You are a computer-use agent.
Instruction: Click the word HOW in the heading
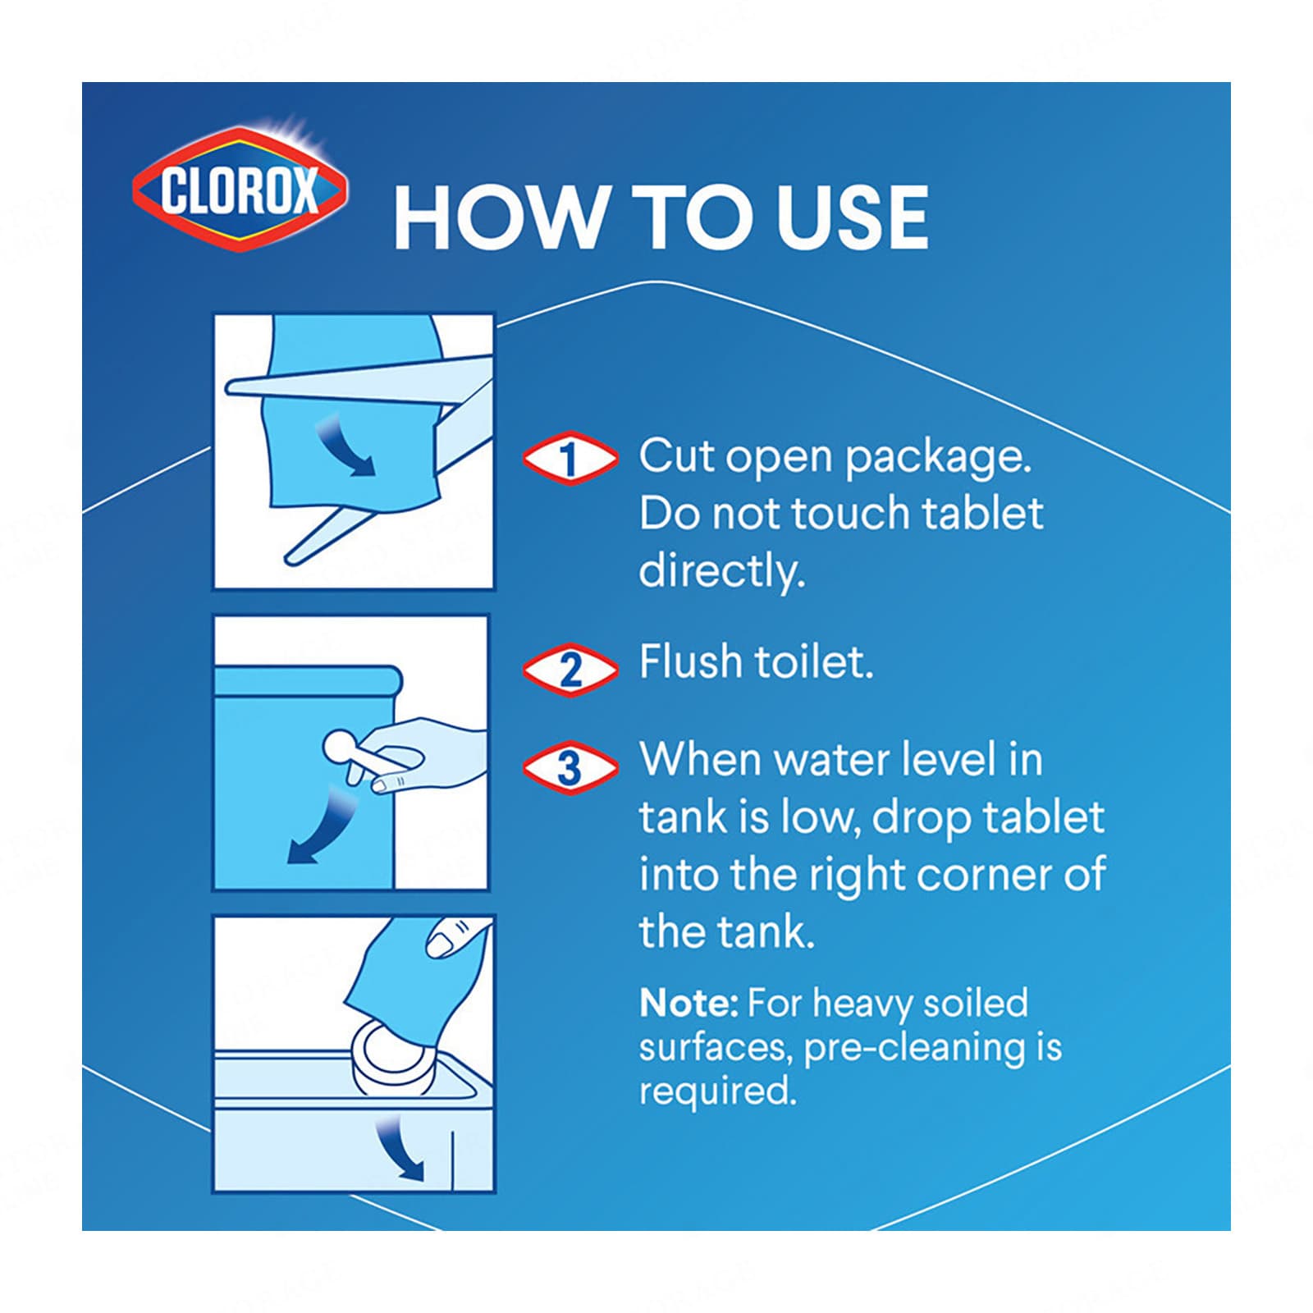pos(498,217)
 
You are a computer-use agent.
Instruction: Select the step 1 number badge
pos(570,458)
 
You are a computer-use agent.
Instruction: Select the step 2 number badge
pos(570,669)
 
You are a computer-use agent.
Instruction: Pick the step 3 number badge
pos(570,767)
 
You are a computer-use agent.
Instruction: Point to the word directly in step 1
pos(722,572)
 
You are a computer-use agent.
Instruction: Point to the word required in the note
pos(718,1092)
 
